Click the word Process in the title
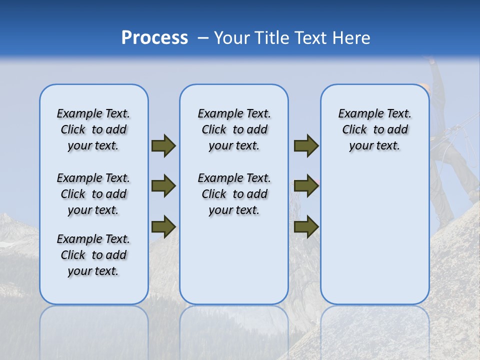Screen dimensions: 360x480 [x=154, y=38]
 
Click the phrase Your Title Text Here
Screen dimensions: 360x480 [x=292, y=38]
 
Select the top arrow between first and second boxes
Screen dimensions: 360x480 [x=163, y=145]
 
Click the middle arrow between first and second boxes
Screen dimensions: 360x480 [x=163, y=186]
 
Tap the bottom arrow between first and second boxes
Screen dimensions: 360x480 [x=163, y=226]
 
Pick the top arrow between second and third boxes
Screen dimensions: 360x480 [x=306, y=145]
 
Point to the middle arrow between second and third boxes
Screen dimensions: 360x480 [x=306, y=186]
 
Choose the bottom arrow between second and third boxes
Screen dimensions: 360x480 [x=306, y=226]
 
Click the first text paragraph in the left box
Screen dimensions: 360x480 [x=93, y=129]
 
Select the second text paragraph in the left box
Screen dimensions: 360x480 [x=93, y=194]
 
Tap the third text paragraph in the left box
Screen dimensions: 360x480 [x=93, y=255]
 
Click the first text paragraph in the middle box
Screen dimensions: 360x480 [x=234, y=129]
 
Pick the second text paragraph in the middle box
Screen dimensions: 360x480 [x=234, y=194]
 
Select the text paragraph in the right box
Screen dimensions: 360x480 [x=374, y=129]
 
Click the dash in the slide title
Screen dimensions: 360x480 [x=202, y=38]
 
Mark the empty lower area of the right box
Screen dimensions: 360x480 [x=374, y=240]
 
